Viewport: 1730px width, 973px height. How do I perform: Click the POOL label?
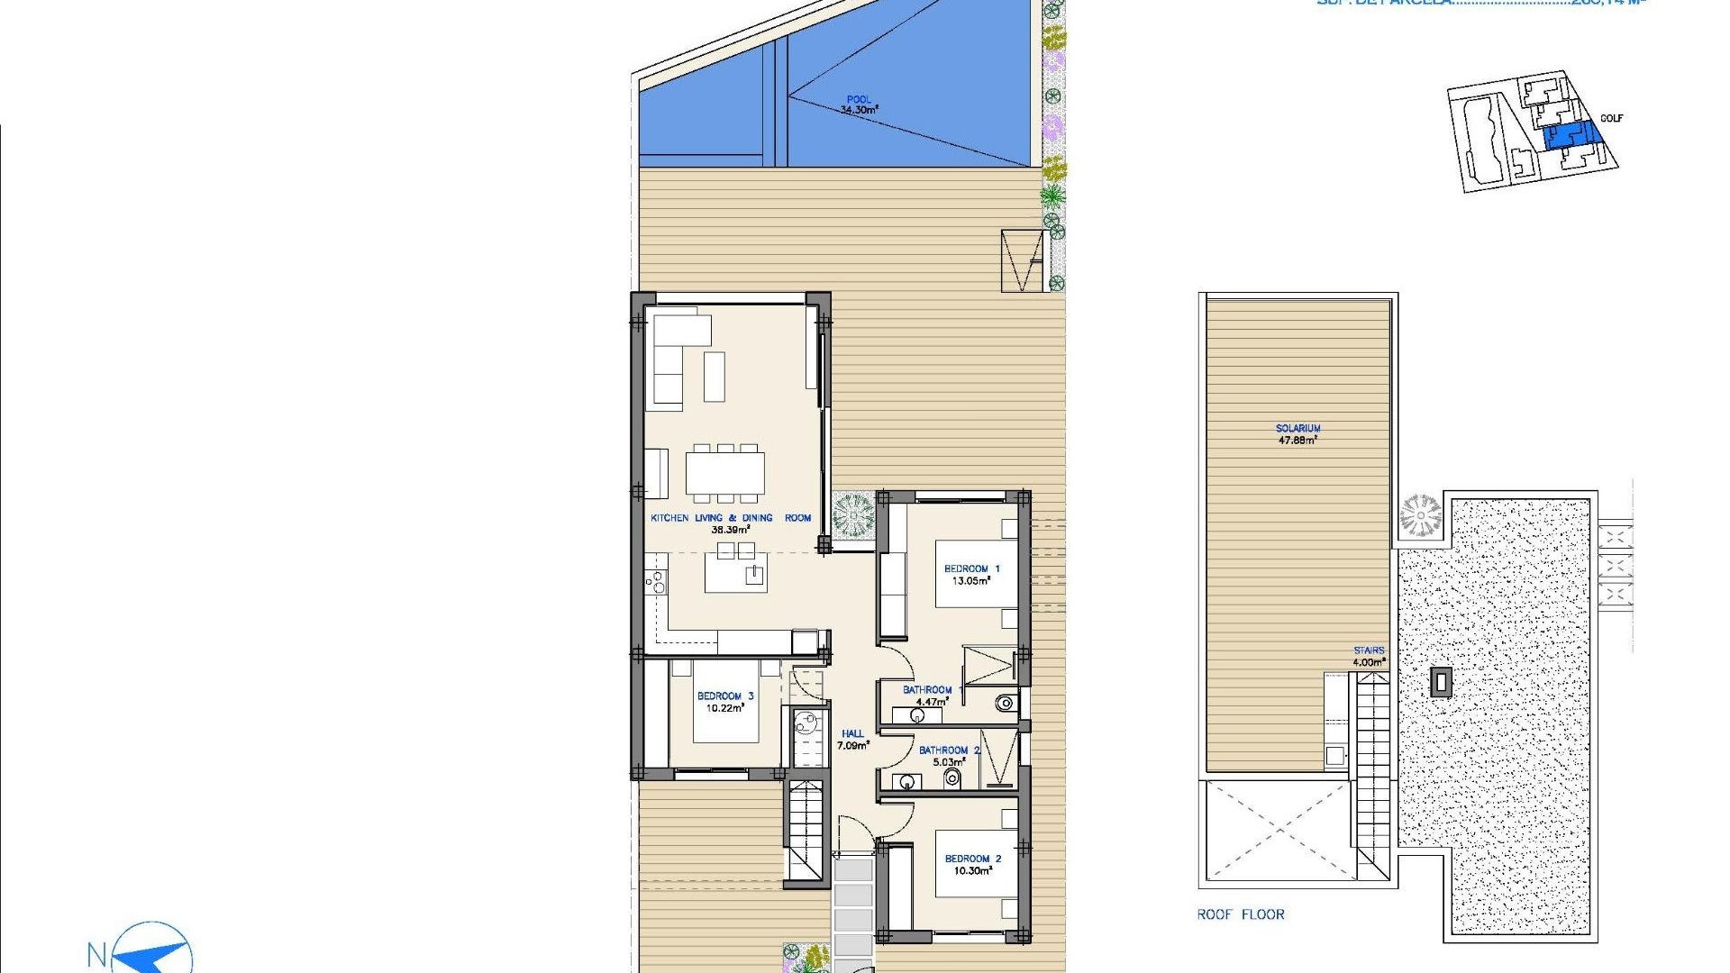[859, 100]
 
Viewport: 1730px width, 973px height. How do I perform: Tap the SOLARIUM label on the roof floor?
[1297, 429]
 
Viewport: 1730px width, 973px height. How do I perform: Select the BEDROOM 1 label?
[971, 568]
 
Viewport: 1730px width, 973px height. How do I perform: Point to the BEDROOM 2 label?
[972, 859]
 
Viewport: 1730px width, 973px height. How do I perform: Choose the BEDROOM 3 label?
[725, 696]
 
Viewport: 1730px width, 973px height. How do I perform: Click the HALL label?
[852, 733]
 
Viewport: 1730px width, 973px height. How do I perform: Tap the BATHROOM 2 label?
[949, 750]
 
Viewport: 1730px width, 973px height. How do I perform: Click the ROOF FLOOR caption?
[1240, 914]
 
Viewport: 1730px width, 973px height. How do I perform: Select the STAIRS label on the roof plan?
[1368, 650]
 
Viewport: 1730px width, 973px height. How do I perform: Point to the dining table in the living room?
[724, 473]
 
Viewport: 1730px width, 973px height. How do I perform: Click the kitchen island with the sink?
[736, 573]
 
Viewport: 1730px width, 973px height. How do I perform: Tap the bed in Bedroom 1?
[977, 574]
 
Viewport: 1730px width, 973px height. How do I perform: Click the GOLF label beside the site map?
[1611, 118]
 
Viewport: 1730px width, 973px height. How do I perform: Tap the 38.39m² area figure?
[731, 530]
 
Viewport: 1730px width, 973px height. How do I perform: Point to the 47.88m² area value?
[1297, 441]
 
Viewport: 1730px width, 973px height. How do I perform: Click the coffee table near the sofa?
[714, 377]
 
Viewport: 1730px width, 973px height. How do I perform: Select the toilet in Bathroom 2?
[952, 778]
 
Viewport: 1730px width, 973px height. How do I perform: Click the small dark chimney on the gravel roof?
[1441, 682]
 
